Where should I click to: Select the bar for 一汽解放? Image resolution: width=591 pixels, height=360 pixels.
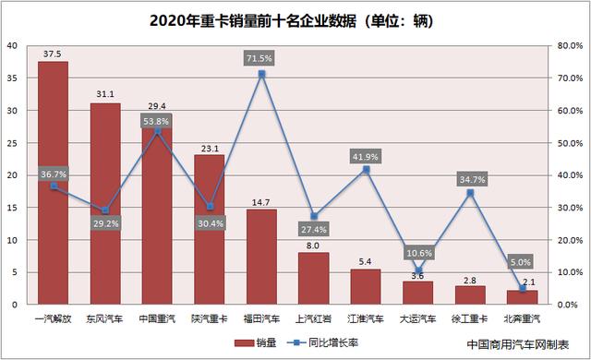pos(53,185)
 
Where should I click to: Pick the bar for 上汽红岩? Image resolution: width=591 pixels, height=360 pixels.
pos(314,278)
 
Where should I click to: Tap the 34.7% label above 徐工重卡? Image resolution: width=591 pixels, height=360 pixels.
pos(470,175)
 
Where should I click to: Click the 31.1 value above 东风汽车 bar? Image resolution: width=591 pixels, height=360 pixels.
pos(105,94)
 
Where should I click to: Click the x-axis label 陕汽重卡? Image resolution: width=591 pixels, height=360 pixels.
pos(210,318)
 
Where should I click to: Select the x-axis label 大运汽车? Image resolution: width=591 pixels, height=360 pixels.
pos(418,318)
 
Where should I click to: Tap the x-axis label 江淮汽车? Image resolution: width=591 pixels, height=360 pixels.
pos(366,318)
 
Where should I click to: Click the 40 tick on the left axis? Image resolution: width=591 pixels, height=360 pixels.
pos(10,46)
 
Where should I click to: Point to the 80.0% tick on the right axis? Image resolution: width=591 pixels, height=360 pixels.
pos(567,46)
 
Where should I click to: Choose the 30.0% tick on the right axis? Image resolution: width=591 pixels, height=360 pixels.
pos(567,208)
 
